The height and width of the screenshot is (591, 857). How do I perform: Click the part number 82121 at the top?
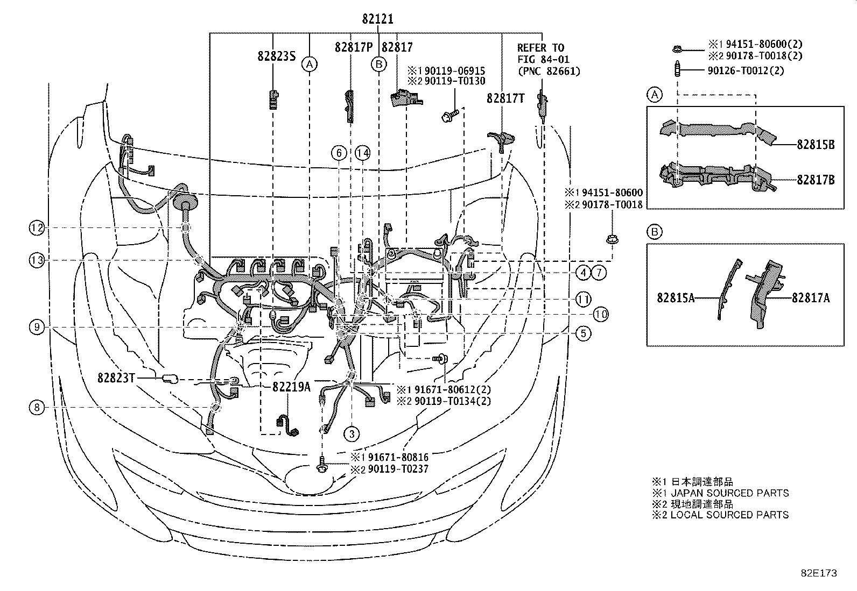[377, 19]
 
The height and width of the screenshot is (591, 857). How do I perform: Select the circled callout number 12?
[37, 229]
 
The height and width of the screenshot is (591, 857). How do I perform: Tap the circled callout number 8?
[37, 408]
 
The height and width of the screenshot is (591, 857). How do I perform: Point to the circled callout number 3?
[352, 433]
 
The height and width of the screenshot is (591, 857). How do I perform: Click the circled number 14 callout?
[363, 154]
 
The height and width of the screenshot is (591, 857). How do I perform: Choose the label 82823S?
[276, 56]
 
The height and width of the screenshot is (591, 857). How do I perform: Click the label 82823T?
[116, 378]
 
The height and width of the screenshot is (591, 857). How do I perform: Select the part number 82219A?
[291, 387]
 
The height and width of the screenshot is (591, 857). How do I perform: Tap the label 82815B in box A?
[816, 145]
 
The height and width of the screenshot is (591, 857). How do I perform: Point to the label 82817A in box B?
[810, 297]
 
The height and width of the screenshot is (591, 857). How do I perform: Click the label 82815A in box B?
[675, 297]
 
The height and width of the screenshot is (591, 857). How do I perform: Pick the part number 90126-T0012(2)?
[746, 70]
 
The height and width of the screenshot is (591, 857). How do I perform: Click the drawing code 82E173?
[818, 573]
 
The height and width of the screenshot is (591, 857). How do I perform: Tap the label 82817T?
[505, 98]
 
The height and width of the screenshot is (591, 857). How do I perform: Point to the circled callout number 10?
[601, 315]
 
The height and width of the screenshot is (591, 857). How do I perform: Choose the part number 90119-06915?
[454, 70]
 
